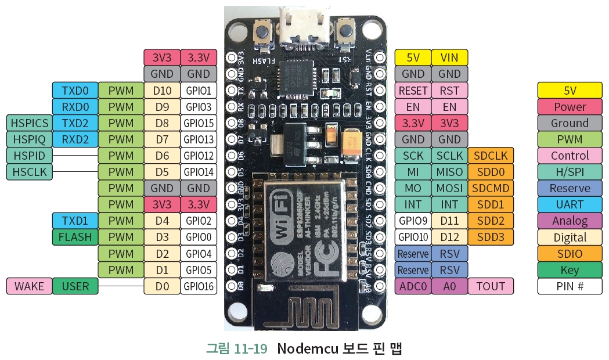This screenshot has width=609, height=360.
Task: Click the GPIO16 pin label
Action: [199, 286]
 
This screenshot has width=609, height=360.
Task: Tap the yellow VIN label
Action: [449, 57]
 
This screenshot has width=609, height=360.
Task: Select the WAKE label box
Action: [28, 286]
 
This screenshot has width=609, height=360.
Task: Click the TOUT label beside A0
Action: [491, 286]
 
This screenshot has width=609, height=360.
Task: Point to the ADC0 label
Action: [413, 286]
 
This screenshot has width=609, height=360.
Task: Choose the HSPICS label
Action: [28, 123]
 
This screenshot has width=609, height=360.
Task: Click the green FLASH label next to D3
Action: [75, 237]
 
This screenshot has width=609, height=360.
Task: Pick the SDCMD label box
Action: [491, 188]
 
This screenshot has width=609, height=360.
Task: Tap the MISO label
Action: [449, 172]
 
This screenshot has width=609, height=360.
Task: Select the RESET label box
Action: [413, 91]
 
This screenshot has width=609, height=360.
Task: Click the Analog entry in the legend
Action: [570, 221]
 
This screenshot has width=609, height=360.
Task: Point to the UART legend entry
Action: [570, 205]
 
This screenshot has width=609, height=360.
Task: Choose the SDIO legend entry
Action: [570, 254]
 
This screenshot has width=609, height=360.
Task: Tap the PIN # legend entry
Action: [570, 286]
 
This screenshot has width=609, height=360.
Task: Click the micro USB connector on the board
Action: [304, 26]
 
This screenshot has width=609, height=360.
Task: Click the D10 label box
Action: [162, 91]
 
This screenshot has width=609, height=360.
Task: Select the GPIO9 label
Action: [413, 221]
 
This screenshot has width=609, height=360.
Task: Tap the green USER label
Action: [75, 286]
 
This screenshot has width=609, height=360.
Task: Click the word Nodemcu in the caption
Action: [307, 348]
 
